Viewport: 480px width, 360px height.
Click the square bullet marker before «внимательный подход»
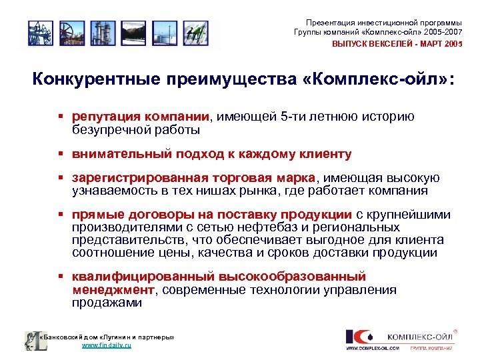click(59, 155)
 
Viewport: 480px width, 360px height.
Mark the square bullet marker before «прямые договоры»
click(59, 215)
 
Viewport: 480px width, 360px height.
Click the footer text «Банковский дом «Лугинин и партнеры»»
click(107, 337)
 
